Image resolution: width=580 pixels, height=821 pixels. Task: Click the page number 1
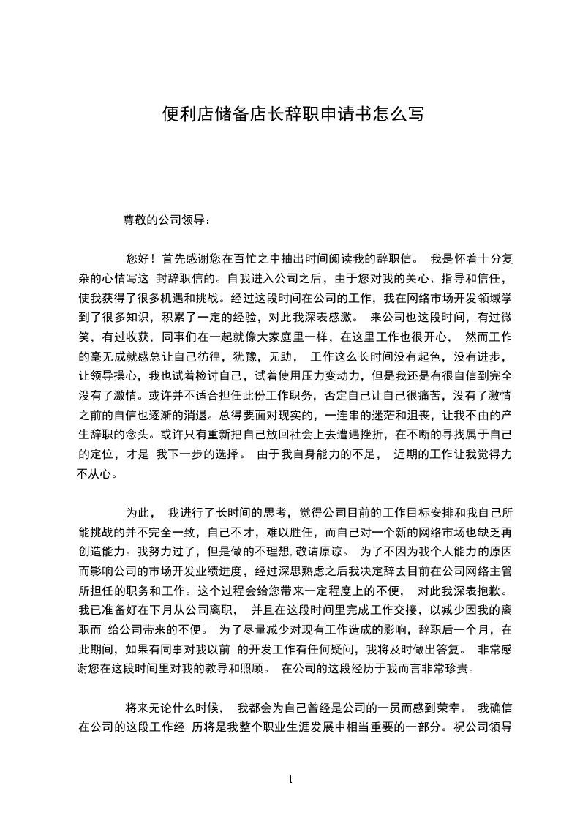tap(290, 779)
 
